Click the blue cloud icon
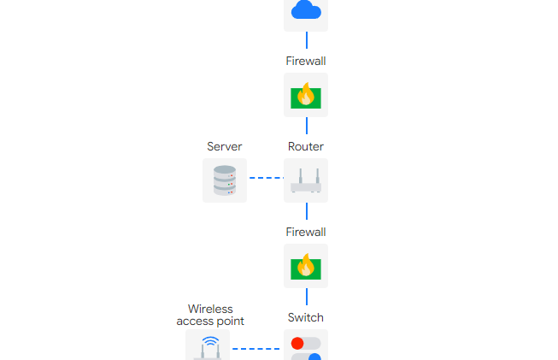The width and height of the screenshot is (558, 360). point(306,10)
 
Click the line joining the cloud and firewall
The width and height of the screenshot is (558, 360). point(306,40)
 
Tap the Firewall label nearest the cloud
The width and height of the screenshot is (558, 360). point(306,61)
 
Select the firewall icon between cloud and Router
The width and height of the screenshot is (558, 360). point(306,95)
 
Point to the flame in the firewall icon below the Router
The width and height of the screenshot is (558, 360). point(305,266)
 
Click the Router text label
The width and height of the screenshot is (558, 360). point(306,147)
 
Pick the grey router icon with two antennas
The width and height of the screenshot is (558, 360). point(306,180)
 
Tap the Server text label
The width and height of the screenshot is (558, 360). point(225,147)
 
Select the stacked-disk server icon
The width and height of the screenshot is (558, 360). point(225,180)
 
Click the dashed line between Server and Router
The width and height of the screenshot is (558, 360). point(266,178)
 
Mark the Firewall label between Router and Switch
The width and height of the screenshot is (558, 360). point(306,232)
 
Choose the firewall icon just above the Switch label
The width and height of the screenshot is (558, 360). point(306,266)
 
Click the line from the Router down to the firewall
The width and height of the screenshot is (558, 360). point(306,211)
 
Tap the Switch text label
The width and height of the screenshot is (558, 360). point(306,317)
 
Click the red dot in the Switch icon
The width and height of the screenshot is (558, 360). point(297,343)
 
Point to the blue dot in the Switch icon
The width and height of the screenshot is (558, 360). point(314,357)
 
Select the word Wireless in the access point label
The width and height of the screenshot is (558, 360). point(210,309)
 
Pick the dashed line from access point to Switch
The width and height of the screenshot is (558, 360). point(256,349)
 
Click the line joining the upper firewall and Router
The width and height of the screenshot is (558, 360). point(306,126)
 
